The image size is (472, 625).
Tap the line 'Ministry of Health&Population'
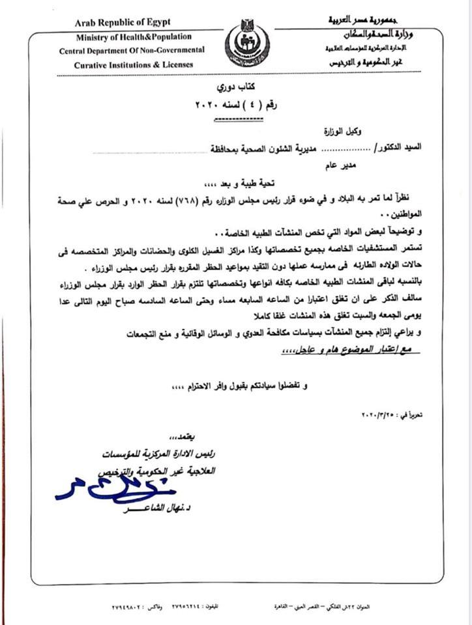(134, 37)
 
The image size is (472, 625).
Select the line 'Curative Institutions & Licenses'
(130, 65)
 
